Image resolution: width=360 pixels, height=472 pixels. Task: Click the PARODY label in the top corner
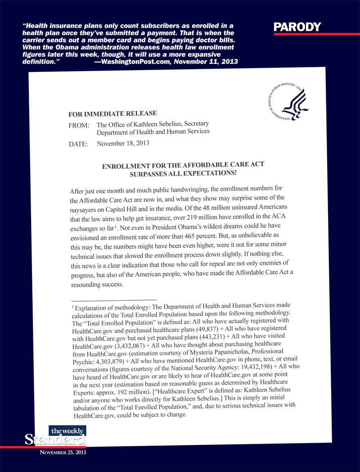(x=297, y=27)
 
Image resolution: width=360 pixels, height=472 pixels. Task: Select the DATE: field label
(x=80, y=145)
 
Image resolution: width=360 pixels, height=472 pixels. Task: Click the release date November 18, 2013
(x=123, y=144)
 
